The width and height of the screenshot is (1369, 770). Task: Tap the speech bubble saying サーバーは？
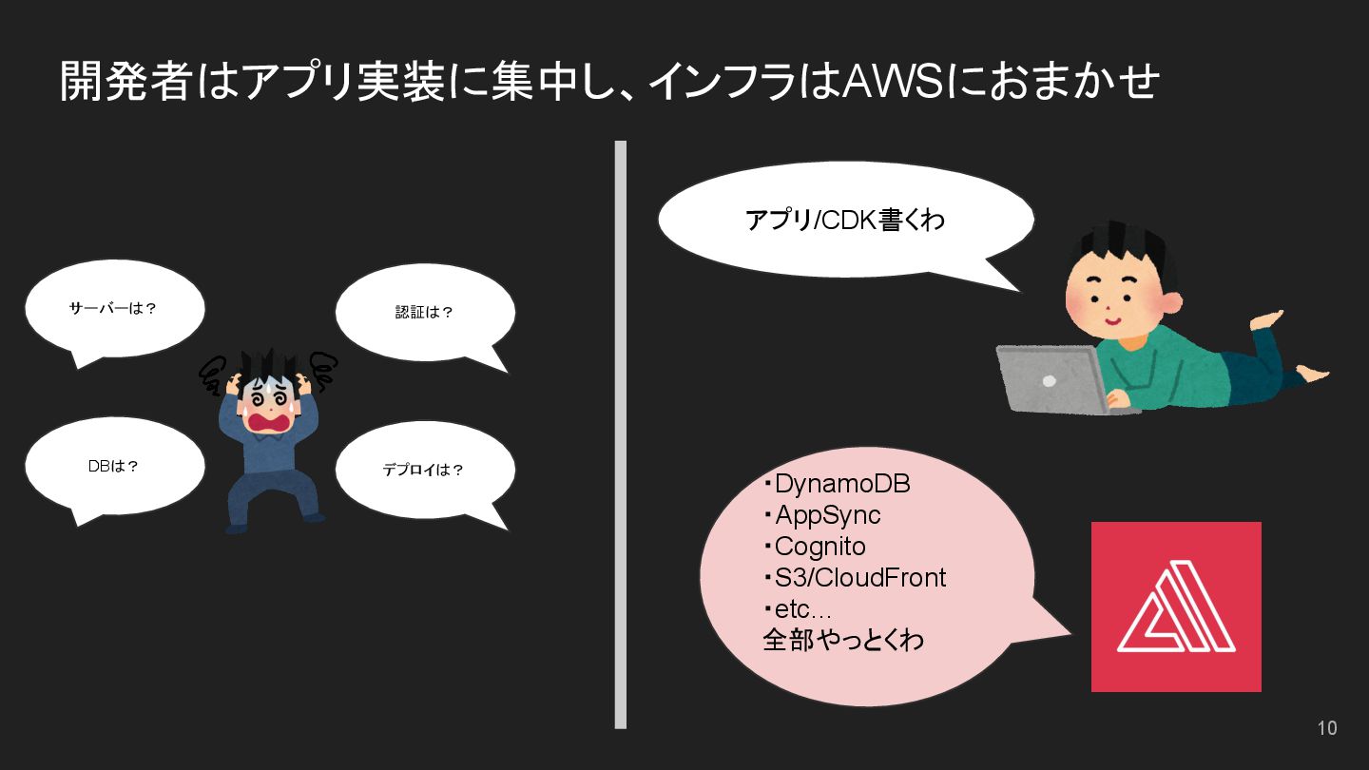pyautogui.click(x=114, y=309)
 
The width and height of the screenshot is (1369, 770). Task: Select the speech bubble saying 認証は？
pyautogui.click(x=424, y=312)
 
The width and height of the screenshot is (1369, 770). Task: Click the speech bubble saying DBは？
pyautogui.click(x=114, y=467)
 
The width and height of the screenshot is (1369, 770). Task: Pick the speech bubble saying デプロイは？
pyautogui.click(x=424, y=470)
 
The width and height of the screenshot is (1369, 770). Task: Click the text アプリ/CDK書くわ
pyautogui.click(x=844, y=221)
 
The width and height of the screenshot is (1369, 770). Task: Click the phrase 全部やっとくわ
pyautogui.click(x=843, y=640)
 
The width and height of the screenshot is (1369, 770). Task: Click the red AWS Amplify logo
pyautogui.click(x=1176, y=606)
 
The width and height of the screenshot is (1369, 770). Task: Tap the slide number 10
pyautogui.click(x=1326, y=728)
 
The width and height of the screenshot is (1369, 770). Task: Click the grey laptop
pyautogui.click(x=1051, y=378)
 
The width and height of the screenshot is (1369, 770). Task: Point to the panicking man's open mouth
pyautogui.click(x=269, y=421)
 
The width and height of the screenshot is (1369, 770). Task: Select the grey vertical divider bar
pyautogui.click(x=621, y=434)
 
